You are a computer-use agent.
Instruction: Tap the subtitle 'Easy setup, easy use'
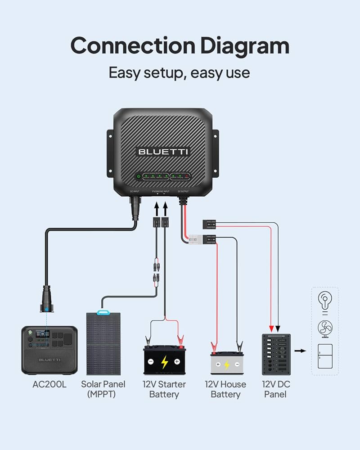coord(180,72)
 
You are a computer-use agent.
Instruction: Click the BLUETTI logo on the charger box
coord(163,151)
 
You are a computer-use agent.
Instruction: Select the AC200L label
coord(49,385)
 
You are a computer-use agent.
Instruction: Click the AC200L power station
coord(49,350)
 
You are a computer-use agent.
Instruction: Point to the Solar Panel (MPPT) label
coord(103,389)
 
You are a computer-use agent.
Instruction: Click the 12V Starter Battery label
coord(164,389)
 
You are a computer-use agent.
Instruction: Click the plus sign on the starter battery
coord(177,361)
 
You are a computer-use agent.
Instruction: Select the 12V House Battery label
coord(225,389)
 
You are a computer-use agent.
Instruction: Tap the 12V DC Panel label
coord(275,389)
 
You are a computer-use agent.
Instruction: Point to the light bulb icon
coord(325,301)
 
